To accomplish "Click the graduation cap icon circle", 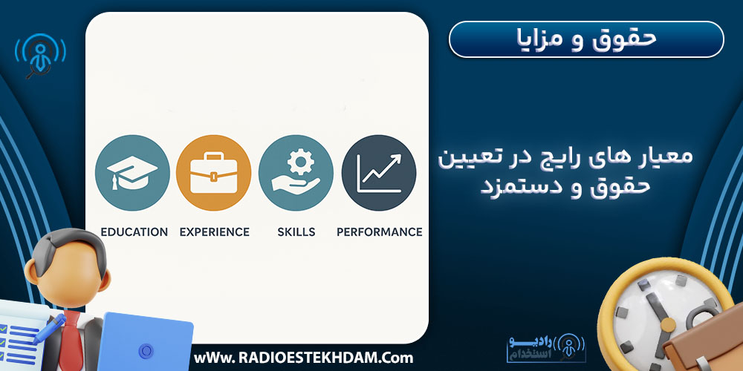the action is coord(132,173).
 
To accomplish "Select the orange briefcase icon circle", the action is coord(214,173).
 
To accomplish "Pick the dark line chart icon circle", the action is coord(379,173).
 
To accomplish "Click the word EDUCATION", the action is coord(134,232).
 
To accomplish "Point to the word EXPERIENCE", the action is coord(215,232).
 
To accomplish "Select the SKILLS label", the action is coord(296,232).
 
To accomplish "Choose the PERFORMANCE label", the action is coord(379,232).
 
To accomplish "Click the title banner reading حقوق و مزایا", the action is coord(586,39).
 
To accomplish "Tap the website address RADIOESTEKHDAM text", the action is coord(303,358).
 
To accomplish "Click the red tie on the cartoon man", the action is coord(73,340).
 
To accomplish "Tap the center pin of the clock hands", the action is coord(668,325).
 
